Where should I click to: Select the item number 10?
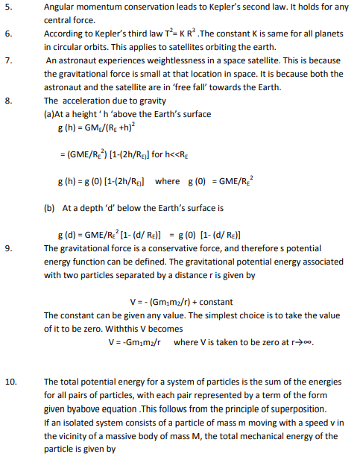click(x=10, y=382)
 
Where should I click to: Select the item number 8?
click(x=8, y=101)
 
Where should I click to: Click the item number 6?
click(x=8, y=34)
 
